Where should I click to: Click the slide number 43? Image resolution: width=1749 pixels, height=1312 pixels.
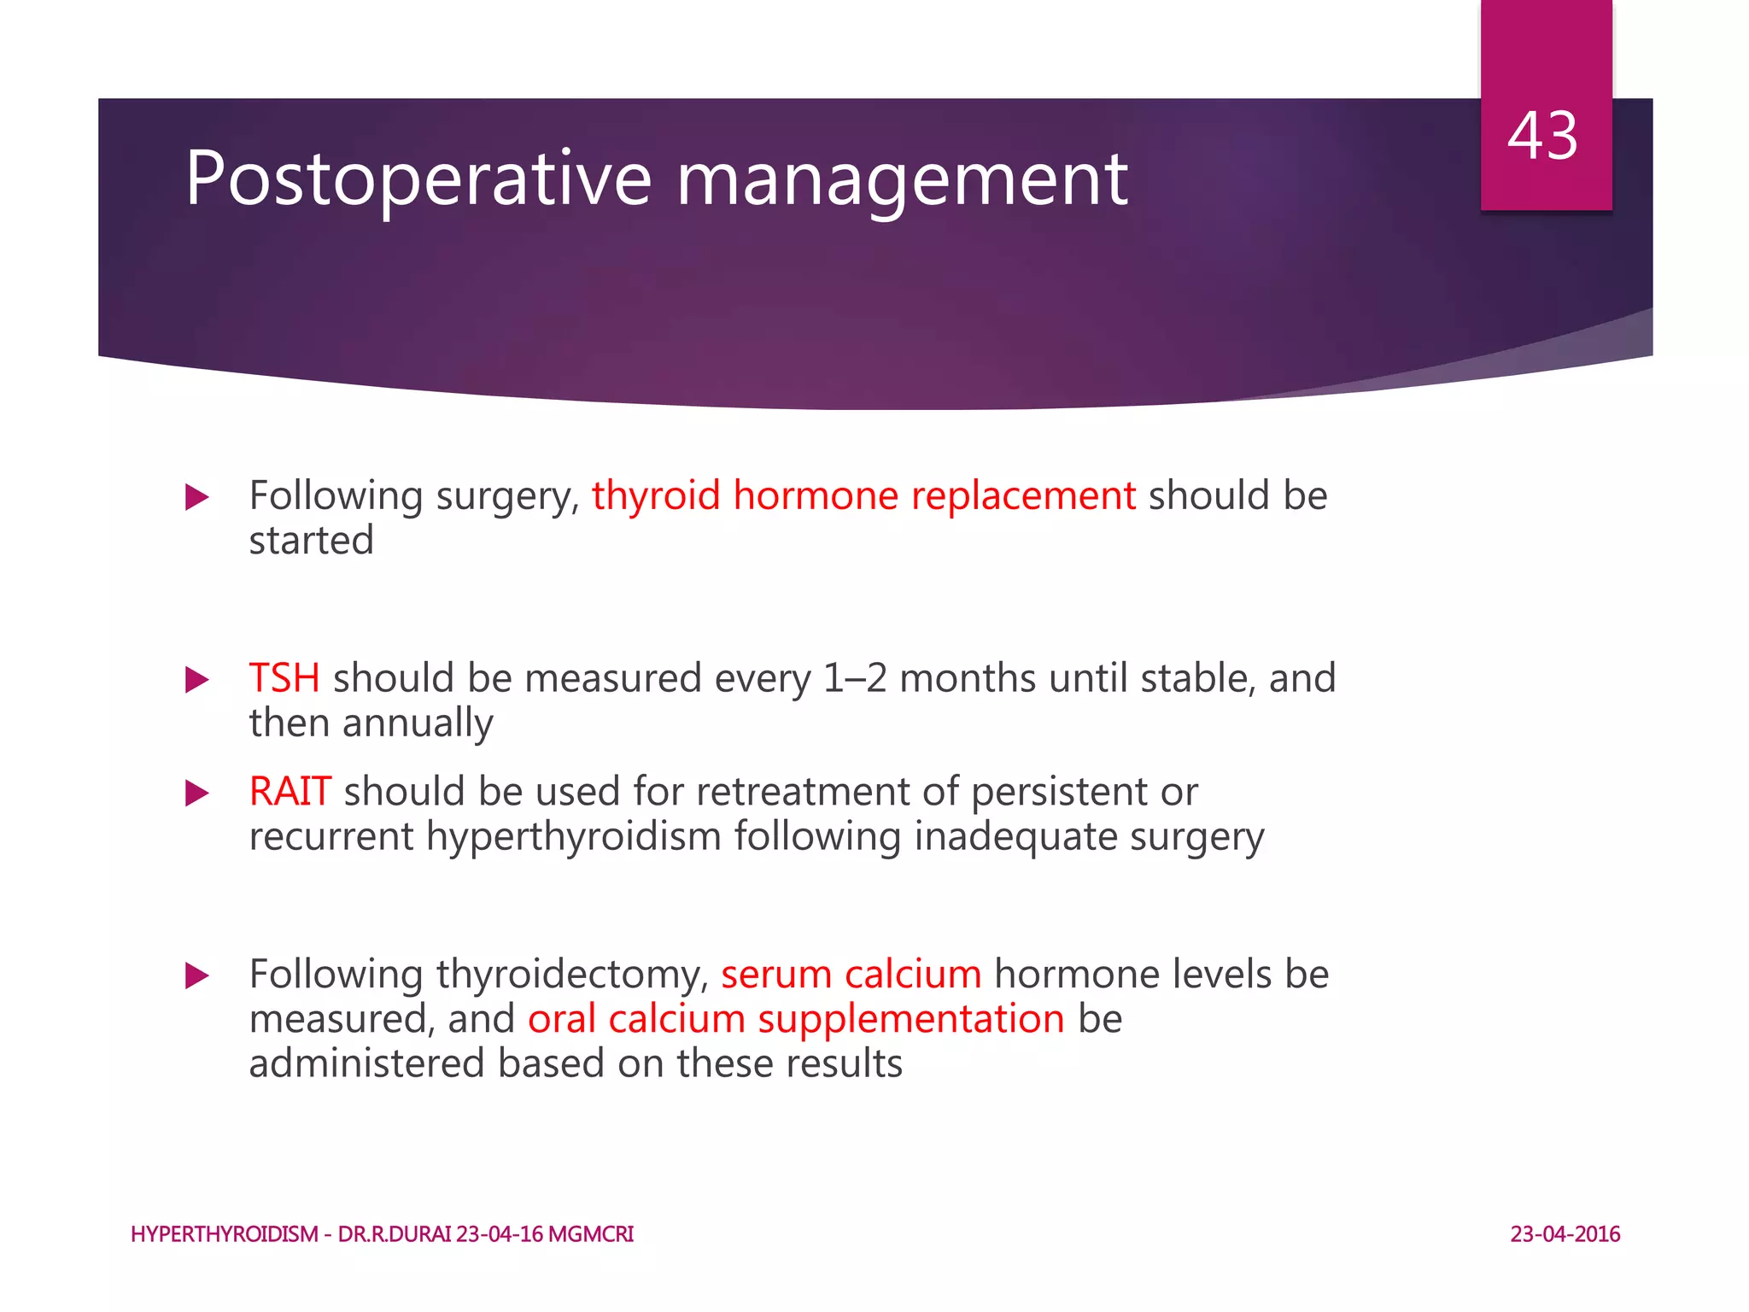pos(1542,136)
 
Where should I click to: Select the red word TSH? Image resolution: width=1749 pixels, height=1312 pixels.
pos(284,678)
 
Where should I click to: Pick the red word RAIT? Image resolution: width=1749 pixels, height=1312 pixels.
pos(290,792)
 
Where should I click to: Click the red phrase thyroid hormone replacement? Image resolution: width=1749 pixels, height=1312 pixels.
pos(863,496)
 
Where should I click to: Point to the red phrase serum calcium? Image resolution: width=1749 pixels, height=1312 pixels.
pos(851,975)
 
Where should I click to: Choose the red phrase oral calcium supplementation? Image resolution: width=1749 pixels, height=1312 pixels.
pos(796,1019)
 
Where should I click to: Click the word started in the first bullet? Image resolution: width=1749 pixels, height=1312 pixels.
pos(312,541)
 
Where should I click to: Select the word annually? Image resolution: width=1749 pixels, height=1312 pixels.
pos(418,723)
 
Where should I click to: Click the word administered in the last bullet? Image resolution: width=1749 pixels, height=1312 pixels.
pos(366,1064)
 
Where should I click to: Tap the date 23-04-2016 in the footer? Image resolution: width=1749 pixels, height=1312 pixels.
pos(1565,1234)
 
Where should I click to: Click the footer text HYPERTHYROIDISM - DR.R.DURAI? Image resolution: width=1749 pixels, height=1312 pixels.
pos(290,1234)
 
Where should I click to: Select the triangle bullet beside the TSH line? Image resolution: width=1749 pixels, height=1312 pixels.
pos(197,680)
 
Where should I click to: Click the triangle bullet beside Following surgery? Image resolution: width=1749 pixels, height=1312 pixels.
pos(197,497)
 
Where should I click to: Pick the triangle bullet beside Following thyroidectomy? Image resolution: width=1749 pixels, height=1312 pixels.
pos(197,975)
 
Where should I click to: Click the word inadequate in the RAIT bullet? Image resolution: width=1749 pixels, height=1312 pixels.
pos(1015,836)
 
